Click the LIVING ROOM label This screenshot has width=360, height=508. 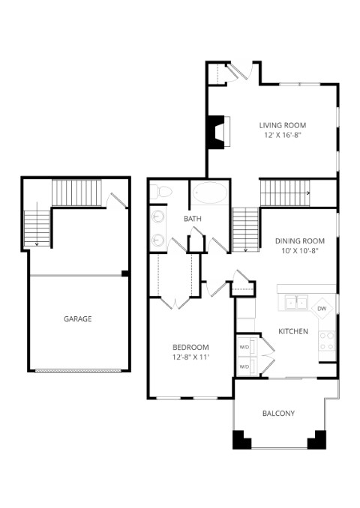tap(283, 125)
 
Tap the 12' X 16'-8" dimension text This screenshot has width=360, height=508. tap(283, 135)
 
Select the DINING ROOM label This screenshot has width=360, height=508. tap(300, 241)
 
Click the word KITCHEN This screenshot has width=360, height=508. tap(293, 331)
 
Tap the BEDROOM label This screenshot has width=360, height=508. tap(190, 348)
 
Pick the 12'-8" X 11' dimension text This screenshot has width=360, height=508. tap(190, 357)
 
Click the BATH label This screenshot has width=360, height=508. tap(193, 219)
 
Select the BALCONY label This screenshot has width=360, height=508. tap(278, 414)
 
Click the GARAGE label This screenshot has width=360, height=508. tap(77, 318)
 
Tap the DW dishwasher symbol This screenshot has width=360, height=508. tap(322, 309)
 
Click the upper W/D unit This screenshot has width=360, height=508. tap(247, 347)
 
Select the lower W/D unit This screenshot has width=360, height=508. tap(247, 366)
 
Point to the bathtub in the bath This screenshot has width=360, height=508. tap(210, 193)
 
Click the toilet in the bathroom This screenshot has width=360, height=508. tap(160, 192)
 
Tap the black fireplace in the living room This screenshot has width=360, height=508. tap(216, 132)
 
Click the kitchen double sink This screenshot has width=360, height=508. tap(296, 303)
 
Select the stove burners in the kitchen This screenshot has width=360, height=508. tap(327, 341)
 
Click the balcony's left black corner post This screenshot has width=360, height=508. tap(241, 440)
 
